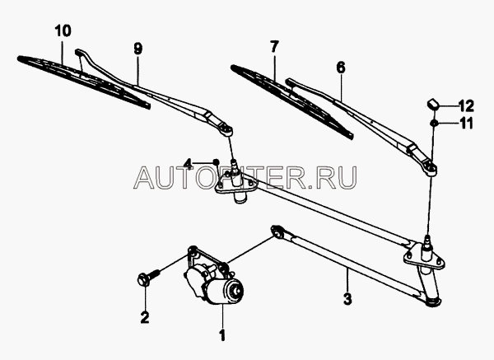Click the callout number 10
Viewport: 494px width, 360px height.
coord(63,32)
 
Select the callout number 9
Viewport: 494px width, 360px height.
coord(138,49)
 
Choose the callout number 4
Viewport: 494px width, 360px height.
coord(189,163)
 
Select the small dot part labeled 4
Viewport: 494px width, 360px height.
coord(216,161)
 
